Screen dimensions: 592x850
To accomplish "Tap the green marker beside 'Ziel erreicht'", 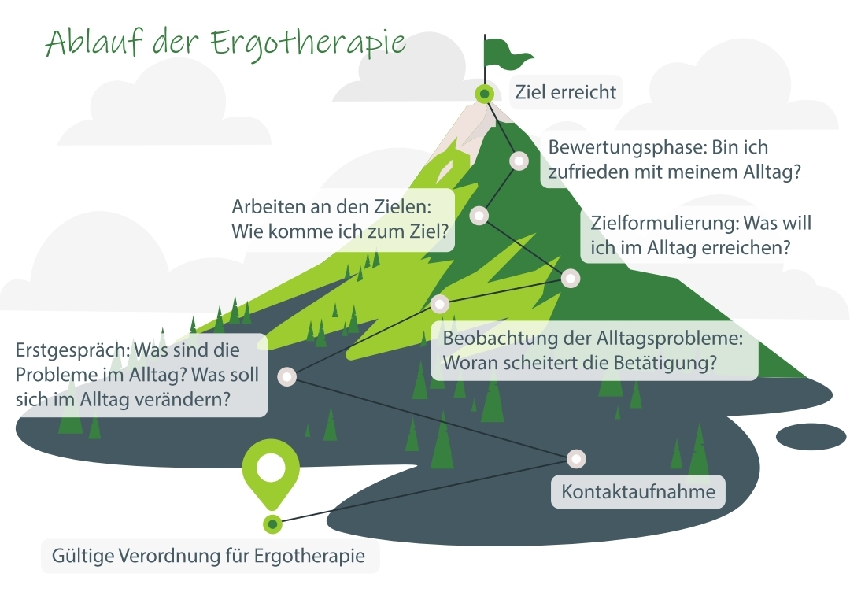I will [x=484, y=94].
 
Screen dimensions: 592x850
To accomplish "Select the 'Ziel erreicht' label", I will [x=565, y=93].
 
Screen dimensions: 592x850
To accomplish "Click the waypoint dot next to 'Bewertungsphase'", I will [x=519, y=161].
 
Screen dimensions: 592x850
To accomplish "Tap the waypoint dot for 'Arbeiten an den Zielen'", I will [x=479, y=215].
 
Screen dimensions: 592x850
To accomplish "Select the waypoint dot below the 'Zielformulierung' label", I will [x=570, y=278].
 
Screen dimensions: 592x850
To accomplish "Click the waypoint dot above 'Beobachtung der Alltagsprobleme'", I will [x=440, y=304].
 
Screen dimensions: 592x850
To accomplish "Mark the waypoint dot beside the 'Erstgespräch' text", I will [x=287, y=377].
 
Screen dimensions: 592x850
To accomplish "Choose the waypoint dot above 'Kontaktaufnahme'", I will [x=577, y=458].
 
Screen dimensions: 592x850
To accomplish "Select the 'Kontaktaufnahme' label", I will [x=637, y=493].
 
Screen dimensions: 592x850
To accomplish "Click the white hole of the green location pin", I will [x=272, y=468].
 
